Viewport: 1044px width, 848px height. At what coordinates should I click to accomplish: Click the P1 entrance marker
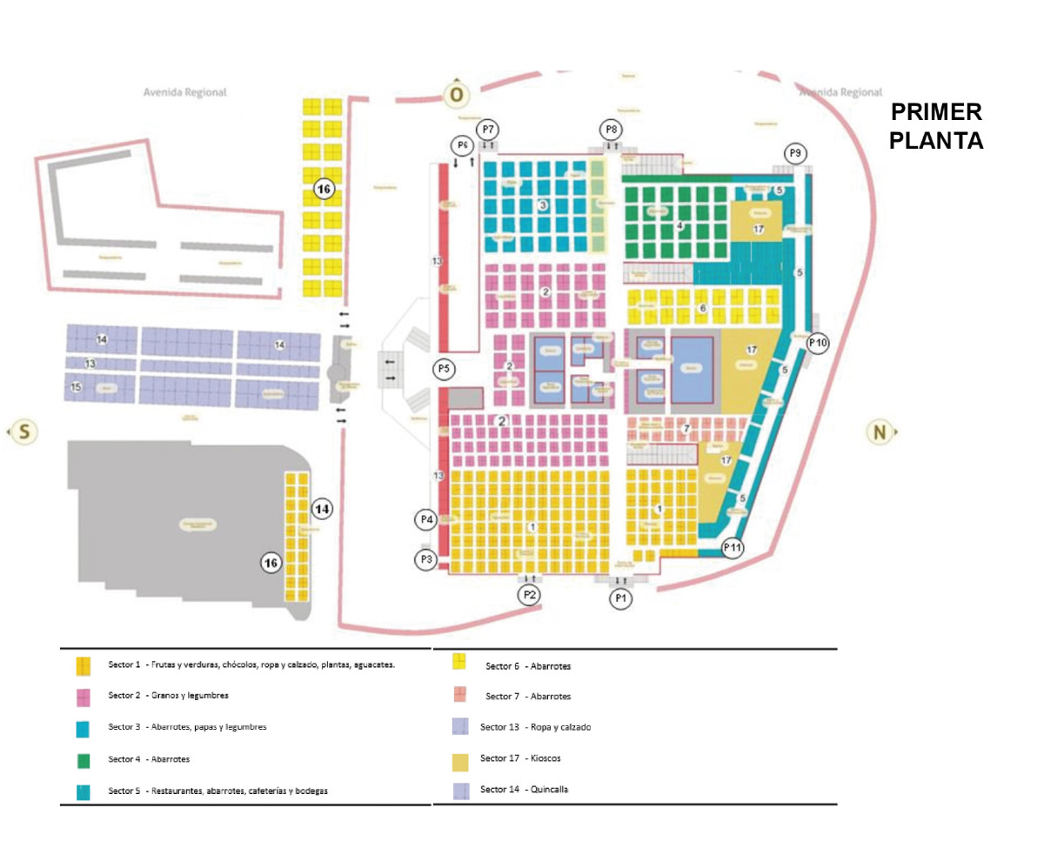point(619,598)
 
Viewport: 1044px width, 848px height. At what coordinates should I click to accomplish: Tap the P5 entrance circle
point(444,369)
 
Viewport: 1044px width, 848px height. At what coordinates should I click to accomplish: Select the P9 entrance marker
point(794,153)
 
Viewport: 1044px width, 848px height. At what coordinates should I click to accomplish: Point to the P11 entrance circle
point(733,548)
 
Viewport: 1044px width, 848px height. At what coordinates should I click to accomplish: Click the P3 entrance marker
point(425,560)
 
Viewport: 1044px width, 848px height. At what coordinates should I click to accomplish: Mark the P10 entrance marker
point(818,343)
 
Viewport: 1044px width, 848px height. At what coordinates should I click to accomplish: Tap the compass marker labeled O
point(456,94)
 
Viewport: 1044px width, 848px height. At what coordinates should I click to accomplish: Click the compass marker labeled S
point(24,431)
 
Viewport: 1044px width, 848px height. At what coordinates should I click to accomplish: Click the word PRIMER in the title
point(936,112)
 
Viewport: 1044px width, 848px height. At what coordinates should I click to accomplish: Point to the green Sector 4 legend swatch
point(84,760)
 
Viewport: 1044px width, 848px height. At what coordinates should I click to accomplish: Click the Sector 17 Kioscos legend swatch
point(461,762)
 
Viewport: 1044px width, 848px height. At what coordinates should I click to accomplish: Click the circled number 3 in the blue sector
point(543,205)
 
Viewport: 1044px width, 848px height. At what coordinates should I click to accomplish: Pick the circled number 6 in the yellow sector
point(703,308)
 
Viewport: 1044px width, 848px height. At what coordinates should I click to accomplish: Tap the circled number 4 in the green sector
point(680,226)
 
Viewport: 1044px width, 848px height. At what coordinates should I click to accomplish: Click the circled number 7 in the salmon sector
point(686,429)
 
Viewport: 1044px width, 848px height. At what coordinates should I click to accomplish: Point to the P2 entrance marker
point(528,596)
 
